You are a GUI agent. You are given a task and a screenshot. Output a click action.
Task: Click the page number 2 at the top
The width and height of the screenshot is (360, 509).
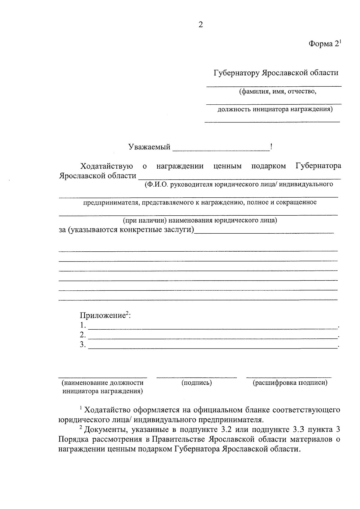(201, 25)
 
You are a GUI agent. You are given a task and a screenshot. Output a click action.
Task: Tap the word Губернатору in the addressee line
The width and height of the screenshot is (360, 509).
(236, 73)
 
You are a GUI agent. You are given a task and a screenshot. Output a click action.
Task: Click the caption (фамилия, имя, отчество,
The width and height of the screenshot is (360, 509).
(278, 91)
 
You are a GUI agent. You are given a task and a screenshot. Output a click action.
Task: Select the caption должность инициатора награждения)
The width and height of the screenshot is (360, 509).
(275, 109)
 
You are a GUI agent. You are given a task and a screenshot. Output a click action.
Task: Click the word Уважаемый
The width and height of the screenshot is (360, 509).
(149, 147)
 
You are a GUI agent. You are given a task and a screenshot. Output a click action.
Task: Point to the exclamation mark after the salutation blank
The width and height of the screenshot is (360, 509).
(271, 147)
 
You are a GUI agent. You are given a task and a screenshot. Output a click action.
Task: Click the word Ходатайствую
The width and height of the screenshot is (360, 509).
(106, 166)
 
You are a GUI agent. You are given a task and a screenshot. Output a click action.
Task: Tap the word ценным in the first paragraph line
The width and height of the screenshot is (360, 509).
(227, 166)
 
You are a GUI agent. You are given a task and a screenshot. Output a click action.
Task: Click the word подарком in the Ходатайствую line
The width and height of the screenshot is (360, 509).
(268, 166)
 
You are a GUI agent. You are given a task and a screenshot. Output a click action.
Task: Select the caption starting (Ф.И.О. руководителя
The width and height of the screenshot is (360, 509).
(238, 184)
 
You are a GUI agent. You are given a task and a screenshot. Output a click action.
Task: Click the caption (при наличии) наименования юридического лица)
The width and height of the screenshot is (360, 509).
(200, 220)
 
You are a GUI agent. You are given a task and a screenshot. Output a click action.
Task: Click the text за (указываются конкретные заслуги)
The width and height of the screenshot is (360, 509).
(126, 230)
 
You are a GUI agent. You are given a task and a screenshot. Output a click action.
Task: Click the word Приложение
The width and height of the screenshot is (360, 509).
(102, 316)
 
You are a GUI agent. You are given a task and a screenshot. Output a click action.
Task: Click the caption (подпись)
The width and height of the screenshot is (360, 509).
(196, 383)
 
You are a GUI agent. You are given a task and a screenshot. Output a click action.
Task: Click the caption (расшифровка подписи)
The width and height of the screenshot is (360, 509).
(290, 383)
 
